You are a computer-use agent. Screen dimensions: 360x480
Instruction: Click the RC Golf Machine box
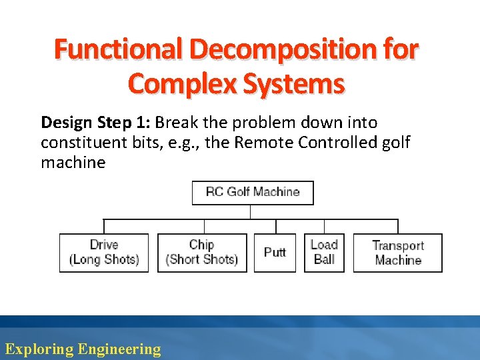tap(253, 193)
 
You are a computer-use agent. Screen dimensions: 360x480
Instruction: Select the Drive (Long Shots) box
tap(104, 253)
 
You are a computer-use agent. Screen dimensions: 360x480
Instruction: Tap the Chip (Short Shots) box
tap(202, 253)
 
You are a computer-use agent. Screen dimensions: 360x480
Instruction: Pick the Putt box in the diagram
tap(275, 253)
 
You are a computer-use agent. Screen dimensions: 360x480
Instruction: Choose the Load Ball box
tap(324, 253)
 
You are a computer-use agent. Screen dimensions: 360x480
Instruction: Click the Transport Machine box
tap(397, 253)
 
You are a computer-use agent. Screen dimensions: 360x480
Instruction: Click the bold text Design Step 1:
tap(96, 123)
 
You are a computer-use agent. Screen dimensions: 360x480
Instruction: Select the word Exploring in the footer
tap(39, 349)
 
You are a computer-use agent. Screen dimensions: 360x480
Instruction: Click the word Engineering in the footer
tap(119, 349)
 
